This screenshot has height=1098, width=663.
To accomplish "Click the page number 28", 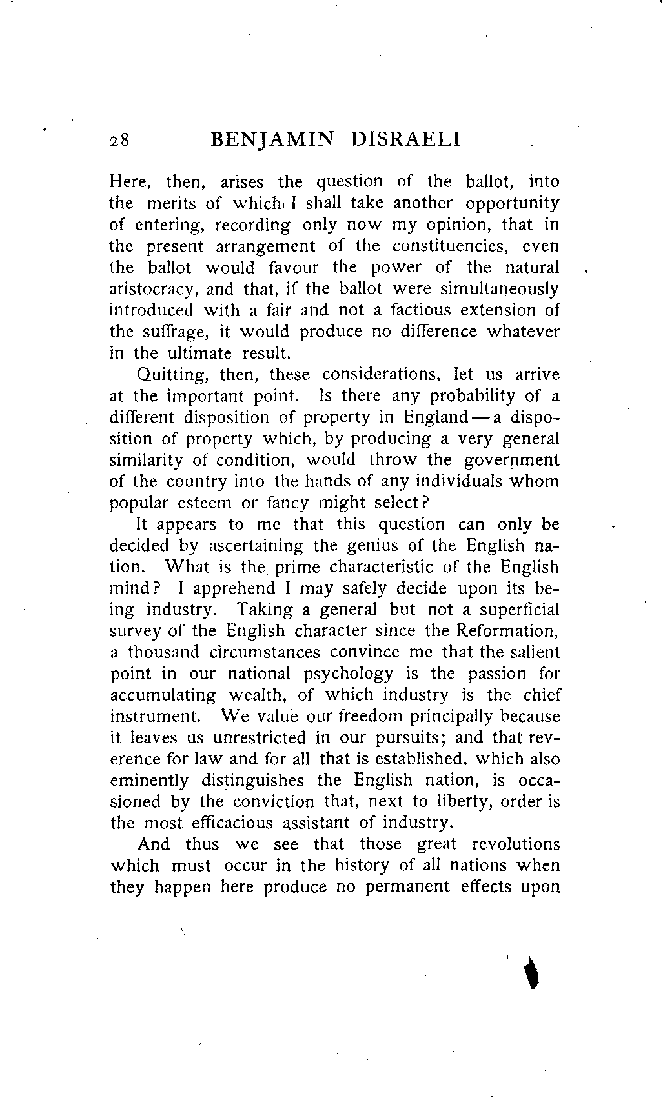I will click(x=119, y=141).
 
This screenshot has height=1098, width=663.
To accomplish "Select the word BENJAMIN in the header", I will click(x=270, y=140).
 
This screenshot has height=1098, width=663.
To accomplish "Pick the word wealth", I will click(x=255, y=695).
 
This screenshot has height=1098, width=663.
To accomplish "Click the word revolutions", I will click(x=516, y=844).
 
